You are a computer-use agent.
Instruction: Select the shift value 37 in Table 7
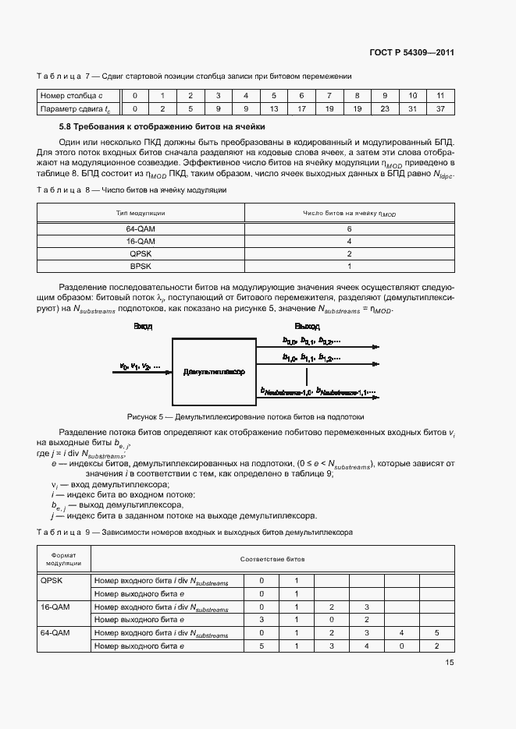440,108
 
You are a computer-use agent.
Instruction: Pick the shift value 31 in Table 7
412,108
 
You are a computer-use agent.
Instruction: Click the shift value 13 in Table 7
274,108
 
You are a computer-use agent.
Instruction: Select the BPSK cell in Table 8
141,266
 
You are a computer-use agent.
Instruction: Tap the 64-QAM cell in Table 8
141,230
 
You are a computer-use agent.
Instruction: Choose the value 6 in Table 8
349,230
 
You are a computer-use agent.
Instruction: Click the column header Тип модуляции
141,213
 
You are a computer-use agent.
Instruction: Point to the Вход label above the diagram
142,326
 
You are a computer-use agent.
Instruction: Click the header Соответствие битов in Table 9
272,559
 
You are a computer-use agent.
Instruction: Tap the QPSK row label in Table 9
50,580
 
